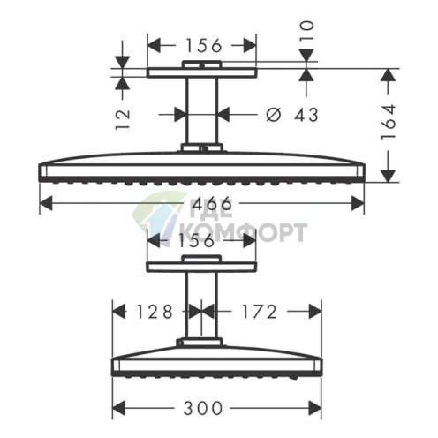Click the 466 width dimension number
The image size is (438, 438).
211,203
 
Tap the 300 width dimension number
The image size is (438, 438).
202,408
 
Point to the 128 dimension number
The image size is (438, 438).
155,312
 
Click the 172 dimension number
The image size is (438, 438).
260,312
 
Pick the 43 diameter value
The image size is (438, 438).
306,115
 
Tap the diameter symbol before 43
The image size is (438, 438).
274,115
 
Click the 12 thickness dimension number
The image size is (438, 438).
123,119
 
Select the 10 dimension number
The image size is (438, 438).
307,32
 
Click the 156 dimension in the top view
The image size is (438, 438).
204,46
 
